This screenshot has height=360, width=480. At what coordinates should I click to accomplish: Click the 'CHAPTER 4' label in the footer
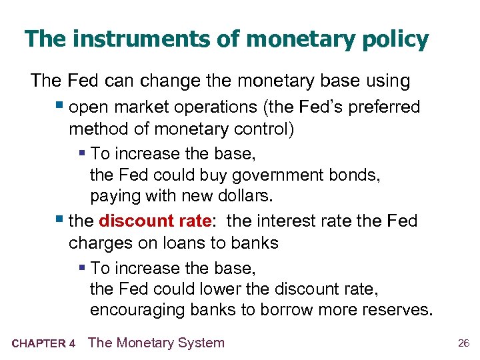pyautogui.click(x=44, y=344)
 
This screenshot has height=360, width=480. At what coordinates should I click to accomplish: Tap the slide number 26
pyautogui.click(x=464, y=344)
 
